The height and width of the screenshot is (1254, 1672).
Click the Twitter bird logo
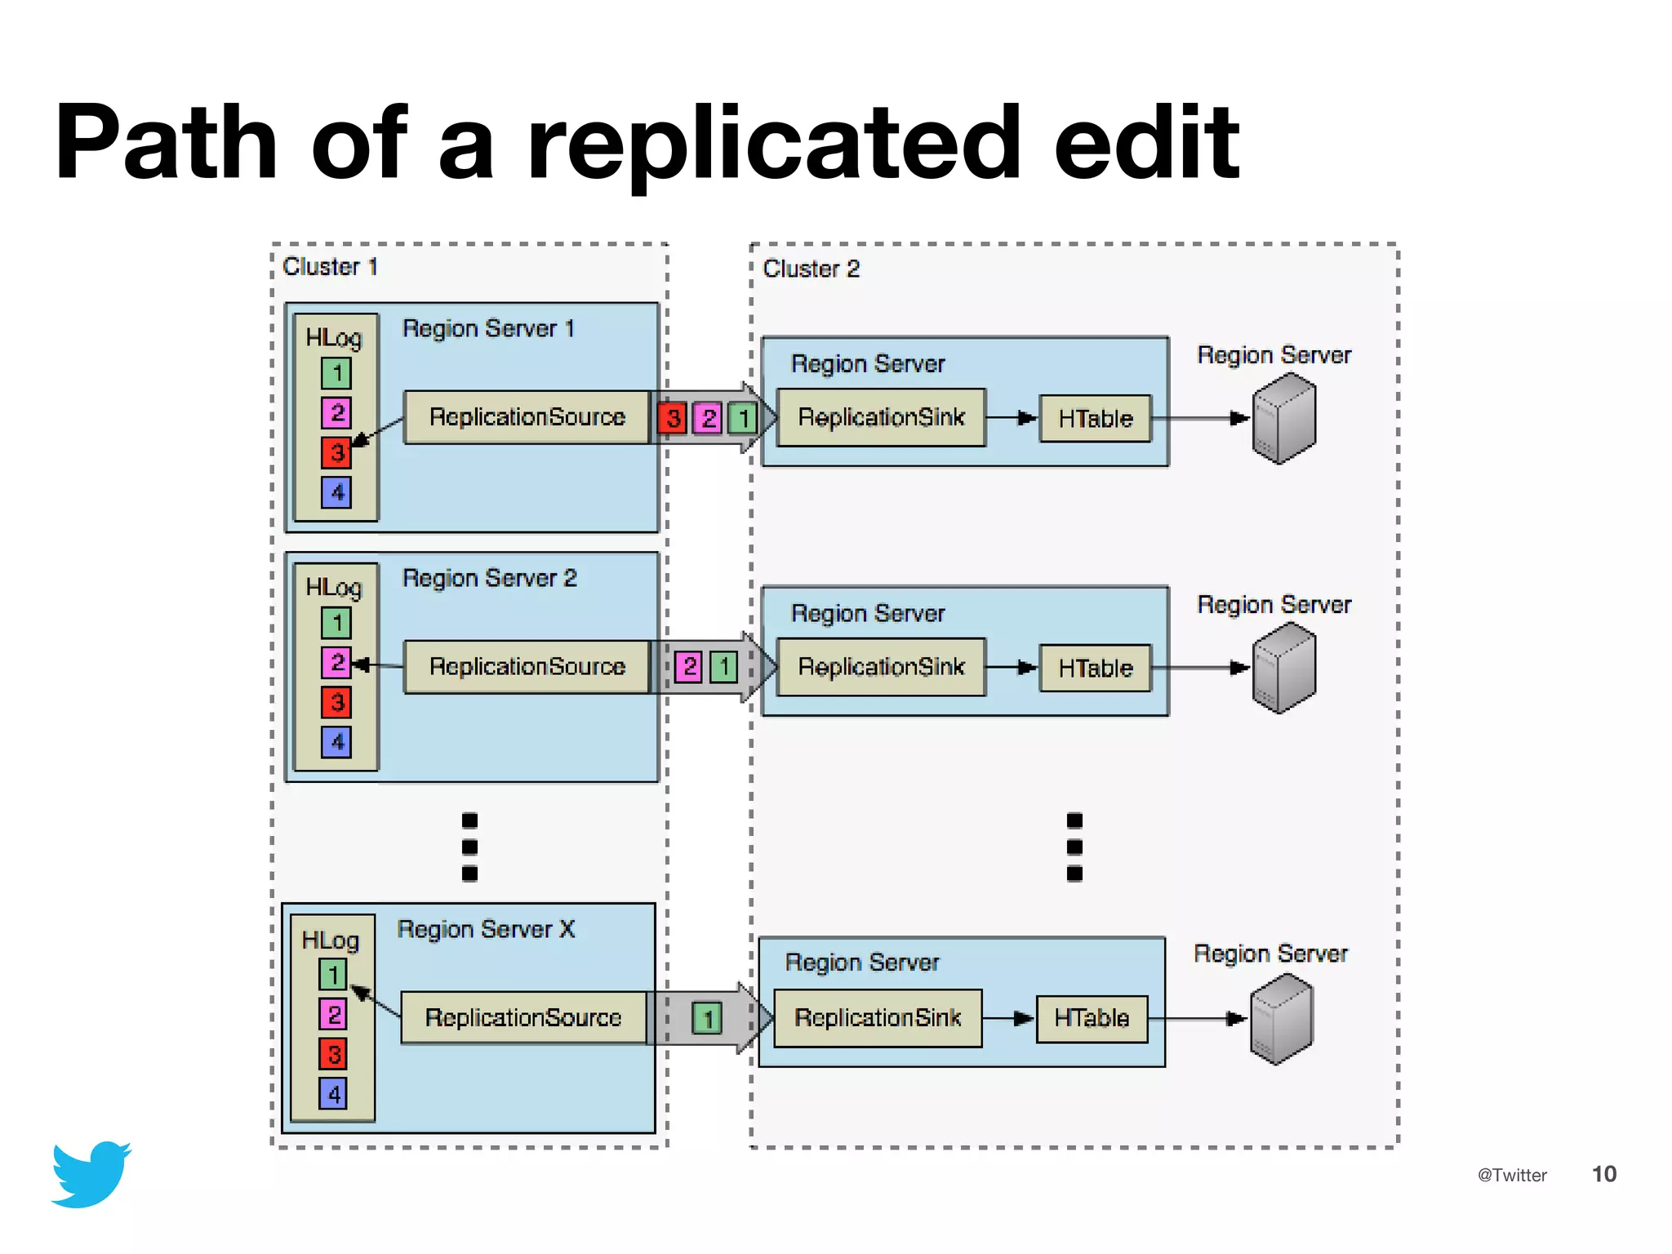click(91, 1174)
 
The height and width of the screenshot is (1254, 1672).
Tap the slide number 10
click(1603, 1174)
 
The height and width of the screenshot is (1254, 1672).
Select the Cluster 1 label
click(330, 267)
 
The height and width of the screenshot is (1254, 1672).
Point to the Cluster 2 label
click(811, 269)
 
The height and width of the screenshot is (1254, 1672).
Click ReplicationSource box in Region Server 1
click(527, 417)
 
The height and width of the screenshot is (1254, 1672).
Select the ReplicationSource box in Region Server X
click(523, 1017)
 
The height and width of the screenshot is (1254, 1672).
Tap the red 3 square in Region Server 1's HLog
click(336, 452)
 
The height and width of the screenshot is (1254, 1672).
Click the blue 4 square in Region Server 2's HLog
click(336, 742)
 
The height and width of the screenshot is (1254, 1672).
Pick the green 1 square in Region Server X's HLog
click(333, 974)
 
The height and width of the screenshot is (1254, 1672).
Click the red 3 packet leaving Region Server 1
click(673, 419)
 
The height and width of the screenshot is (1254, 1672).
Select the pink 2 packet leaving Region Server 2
click(690, 667)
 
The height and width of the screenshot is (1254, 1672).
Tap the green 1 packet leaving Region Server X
click(708, 1018)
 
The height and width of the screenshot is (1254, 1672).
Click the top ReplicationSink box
click(881, 417)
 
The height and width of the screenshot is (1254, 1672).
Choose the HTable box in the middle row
click(1095, 668)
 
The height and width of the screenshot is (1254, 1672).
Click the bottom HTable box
click(1092, 1018)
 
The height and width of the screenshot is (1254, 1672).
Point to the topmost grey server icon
click(1284, 418)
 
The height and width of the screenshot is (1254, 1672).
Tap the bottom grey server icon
click(1281, 1019)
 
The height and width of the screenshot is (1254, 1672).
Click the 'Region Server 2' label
click(489, 578)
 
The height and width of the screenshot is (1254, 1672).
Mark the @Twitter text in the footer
click(1512, 1175)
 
